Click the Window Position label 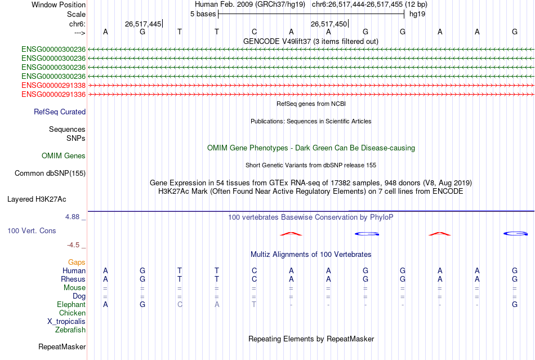(x=59, y=5)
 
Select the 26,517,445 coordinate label (x=143, y=24)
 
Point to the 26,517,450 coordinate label (x=329, y=24)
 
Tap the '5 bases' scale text (x=203, y=14)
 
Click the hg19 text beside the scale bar (x=417, y=14)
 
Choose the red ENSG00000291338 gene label (x=53, y=85)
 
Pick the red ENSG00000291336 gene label (x=53, y=94)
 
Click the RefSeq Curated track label (x=60, y=112)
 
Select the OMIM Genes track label (x=64, y=156)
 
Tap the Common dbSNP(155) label (x=50, y=174)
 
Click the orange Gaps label (x=77, y=263)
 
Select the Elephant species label (x=71, y=305)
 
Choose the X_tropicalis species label (x=66, y=322)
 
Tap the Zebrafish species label (x=70, y=330)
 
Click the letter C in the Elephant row (x=180, y=305)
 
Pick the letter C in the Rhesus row (x=254, y=279)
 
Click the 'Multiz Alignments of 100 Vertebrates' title (x=311, y=255)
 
